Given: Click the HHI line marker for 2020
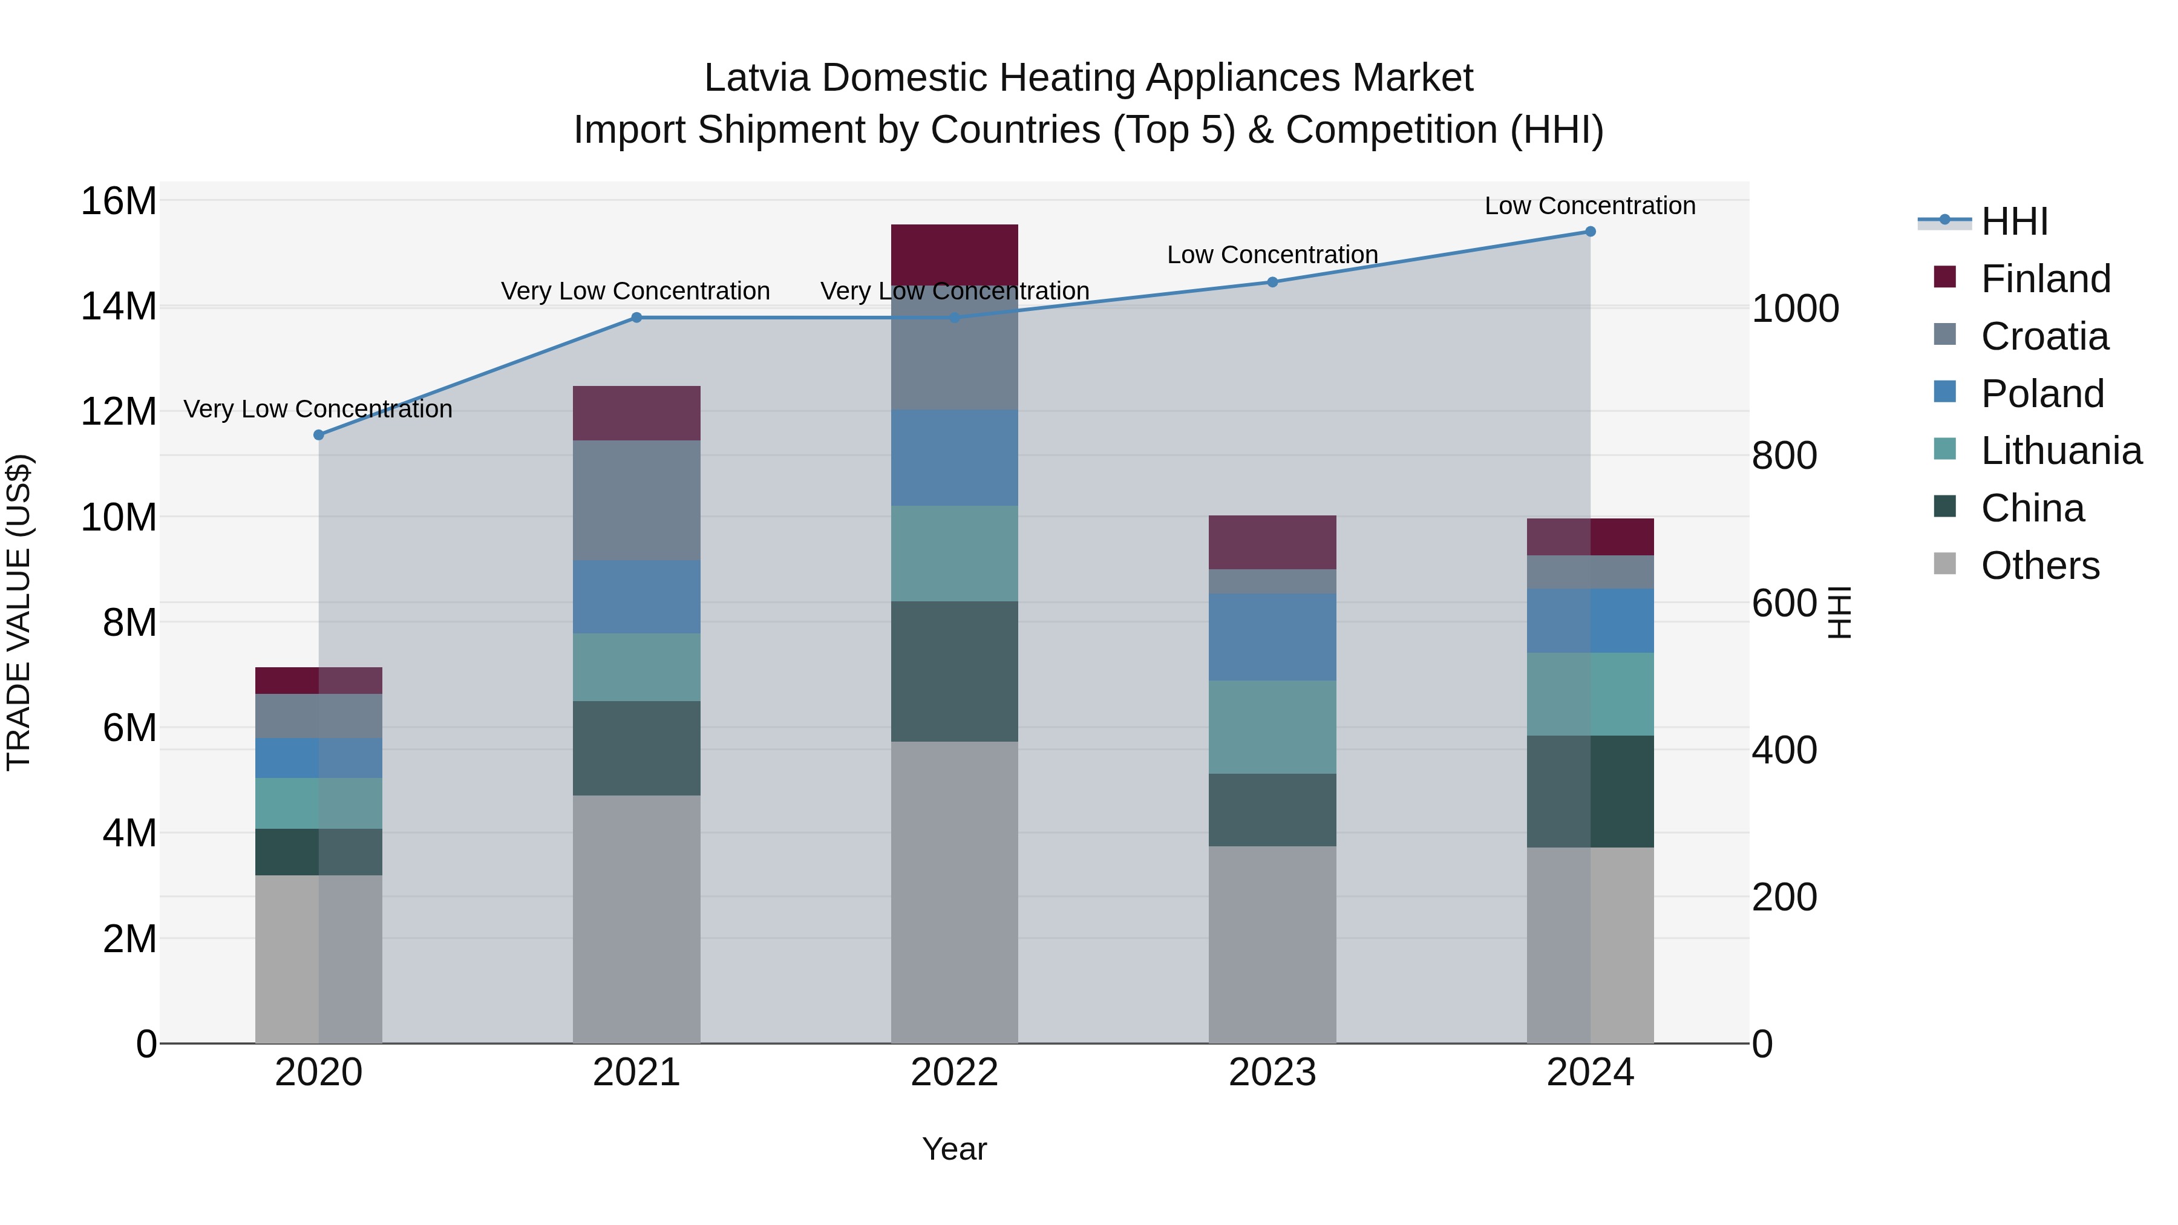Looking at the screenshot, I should click(319, 434).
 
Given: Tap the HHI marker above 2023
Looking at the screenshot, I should click(1272, 281).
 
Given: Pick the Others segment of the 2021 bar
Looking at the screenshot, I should click(636, 918).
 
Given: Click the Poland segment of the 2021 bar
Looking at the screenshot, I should click(636, 597).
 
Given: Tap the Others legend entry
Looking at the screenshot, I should click(2039, 566).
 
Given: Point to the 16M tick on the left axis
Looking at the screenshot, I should click(119, 201).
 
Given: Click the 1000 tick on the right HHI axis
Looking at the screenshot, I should click(1794, 309).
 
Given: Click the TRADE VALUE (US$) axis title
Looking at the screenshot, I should click(19, 612).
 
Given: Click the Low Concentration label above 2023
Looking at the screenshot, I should click(1272, 255).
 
